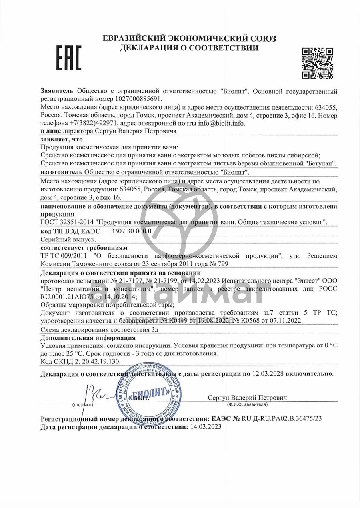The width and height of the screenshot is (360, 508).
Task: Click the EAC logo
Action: (68, 58)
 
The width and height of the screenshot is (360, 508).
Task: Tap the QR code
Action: (317, 63)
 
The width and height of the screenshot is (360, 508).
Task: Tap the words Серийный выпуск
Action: (68, 239)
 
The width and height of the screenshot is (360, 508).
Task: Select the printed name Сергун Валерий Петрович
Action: (247, 398)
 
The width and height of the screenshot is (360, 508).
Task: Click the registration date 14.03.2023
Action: (206, 427)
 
